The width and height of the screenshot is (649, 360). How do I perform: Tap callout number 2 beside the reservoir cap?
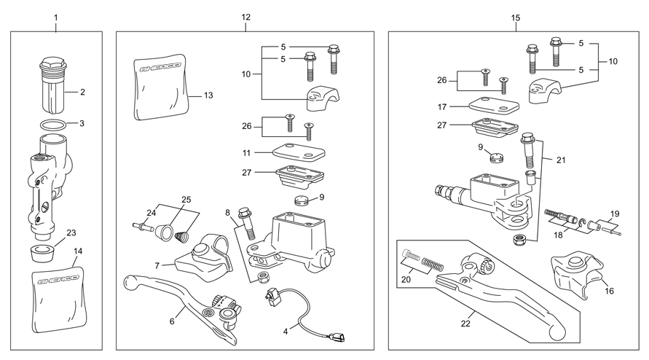click(x=82, y=92)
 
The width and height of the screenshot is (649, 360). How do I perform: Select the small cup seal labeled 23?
click(x=43, y=253)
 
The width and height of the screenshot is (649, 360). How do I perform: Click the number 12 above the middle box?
click(x=246, y=17)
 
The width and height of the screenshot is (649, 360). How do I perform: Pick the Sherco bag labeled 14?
click(x=59, y=299)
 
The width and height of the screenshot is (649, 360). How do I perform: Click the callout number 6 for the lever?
click(x=172, y=321)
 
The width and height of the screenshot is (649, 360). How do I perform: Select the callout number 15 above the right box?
click(x=515, y=17)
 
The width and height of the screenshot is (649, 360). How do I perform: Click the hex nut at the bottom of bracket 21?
click(x=518, y=240)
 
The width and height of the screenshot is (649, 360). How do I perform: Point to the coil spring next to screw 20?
click(x=433, y=264)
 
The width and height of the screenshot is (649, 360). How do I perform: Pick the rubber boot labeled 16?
click(x=575, y=273)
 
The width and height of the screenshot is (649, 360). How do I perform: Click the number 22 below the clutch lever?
click(x=465, y=324)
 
